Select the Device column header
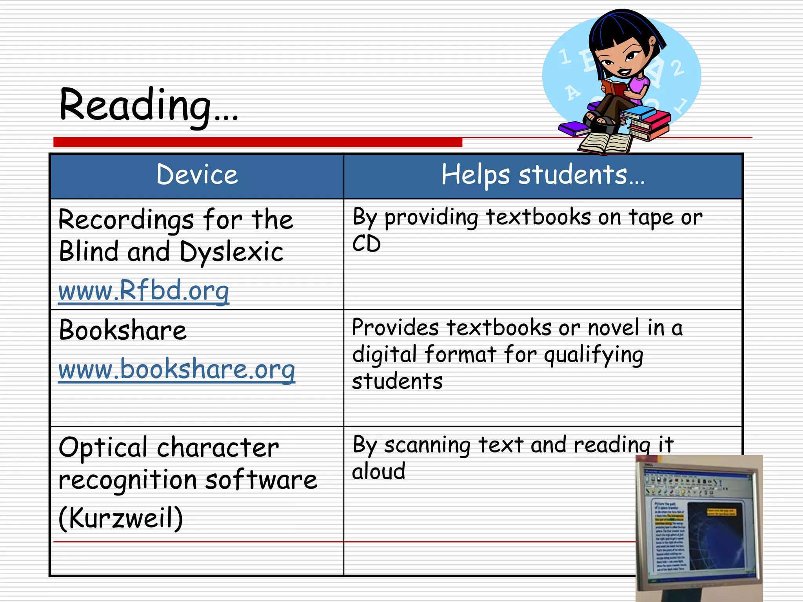pos(197,175)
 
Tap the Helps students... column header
pos(543,175)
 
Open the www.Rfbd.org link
pos(144,290)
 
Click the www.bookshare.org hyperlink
pos(176,369)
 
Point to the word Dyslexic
pos(231,252)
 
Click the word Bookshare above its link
pos(123,330)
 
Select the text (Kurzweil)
pos(121,518)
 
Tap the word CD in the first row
pos(366,244)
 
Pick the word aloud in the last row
pos(378,471)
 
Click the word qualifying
pos(594,355)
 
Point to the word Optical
pos(103,447)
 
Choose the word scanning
pos(427,445)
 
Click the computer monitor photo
pos(699,527)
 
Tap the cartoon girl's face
pos(620,59)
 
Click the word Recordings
pos(126,220)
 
